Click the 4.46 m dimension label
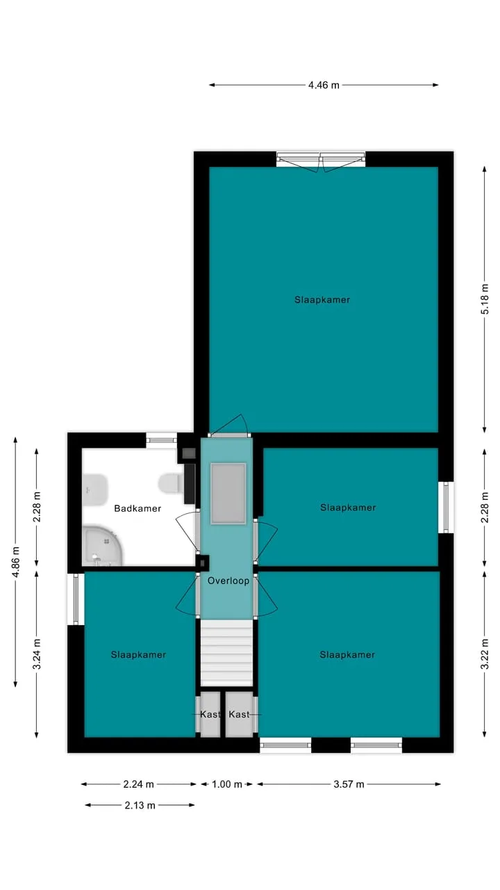[324, 85]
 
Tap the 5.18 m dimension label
[485, 299]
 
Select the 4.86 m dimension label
[15, 562]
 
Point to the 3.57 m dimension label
[349, 784]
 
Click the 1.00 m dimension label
[227, 784]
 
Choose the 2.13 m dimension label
[140, 805]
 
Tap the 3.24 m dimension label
[37, 654]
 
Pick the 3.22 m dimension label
[485, 654]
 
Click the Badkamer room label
[137, 508]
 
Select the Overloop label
[228, 581]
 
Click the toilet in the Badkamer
[171, 484]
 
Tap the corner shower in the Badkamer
[103, 546]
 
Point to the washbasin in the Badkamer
[95, 487]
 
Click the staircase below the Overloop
[226, 652]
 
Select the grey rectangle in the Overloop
[228, 493]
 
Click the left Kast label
[210, 714]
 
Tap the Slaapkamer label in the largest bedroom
[322, 300]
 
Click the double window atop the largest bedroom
[321, 160]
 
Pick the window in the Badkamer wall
[161, 440]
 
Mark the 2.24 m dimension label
[138, 784]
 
